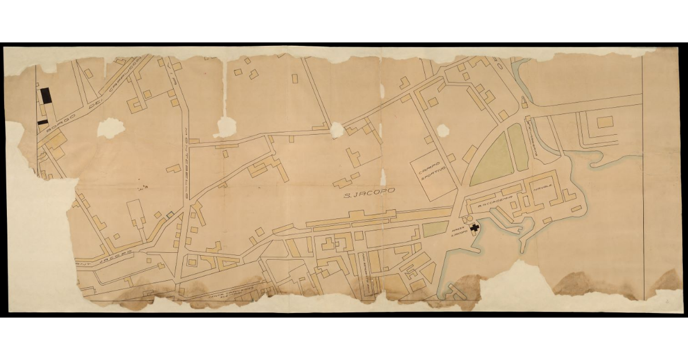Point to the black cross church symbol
coord(474,228)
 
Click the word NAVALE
coord(542,187)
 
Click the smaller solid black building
coord(43,122)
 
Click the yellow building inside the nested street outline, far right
coord(605,122)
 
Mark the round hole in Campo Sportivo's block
coord(443,131)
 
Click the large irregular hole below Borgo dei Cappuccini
coord(110,127)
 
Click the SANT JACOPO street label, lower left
coord(106,255)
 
